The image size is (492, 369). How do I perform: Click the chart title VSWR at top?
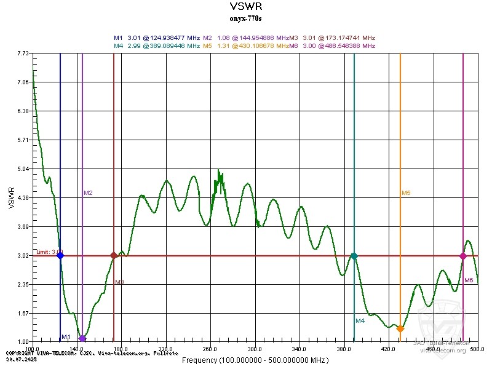pyautogui.click(x=245, y=7)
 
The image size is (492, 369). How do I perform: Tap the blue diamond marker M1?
pyautogui.click(x=60, y=255)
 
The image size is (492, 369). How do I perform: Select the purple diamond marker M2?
pyautogui.click(x=82, y=338)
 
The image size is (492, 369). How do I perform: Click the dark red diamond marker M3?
pyautogui.click(x=114, y=255)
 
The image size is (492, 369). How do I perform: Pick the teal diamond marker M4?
pyautogui.click(x=354, y=256)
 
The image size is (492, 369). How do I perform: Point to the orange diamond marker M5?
pyautogui.click(x=400, y=329)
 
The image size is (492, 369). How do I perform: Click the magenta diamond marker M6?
pyautogui.click(x=463, y=256)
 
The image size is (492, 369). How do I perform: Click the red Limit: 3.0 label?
pyautogui.click(x=49, y=252)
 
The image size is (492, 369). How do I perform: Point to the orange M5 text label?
pyautogui.click(x=406, y=193)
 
